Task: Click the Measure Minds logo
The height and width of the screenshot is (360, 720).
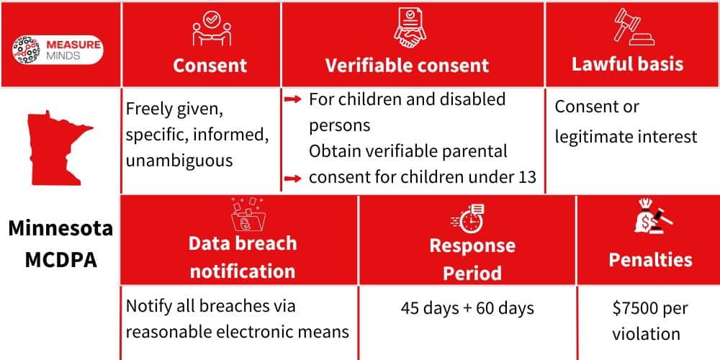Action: [x=58, y=50]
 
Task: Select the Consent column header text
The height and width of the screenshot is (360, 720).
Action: [x=210, y=66]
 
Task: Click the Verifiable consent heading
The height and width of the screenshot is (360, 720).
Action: [x=407, y=66]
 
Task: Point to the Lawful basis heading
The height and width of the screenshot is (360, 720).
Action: [x=627, y=64]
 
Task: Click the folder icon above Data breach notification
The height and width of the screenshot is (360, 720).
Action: [x=243, y=214]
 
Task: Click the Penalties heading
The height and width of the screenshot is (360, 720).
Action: [x=650, y=260]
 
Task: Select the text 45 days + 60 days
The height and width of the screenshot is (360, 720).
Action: [x=467, y=309]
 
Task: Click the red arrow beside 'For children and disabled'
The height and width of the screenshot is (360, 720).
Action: [x=292, y=100]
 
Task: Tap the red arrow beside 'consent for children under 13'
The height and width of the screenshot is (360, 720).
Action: [x=292, y=178]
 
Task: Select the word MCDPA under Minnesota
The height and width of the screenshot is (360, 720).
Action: [x=60, y=260]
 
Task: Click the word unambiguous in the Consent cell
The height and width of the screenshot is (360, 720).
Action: [x=179, y=161]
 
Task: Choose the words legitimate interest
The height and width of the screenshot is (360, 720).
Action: [x=626, y=136]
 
